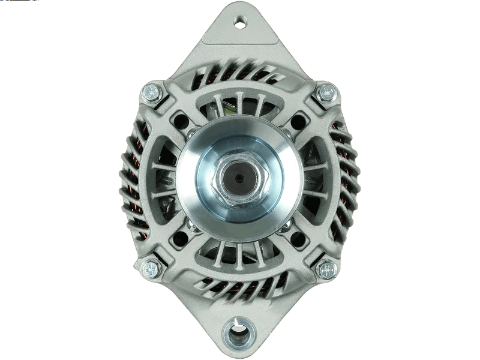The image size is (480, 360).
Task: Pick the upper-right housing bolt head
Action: pyautogui.click(x=326, y=92)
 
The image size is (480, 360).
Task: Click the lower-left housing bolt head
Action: pyautogui.click(x=151, y=266)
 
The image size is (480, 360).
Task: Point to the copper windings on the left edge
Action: pyautogui.click(x=128, y=180)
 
